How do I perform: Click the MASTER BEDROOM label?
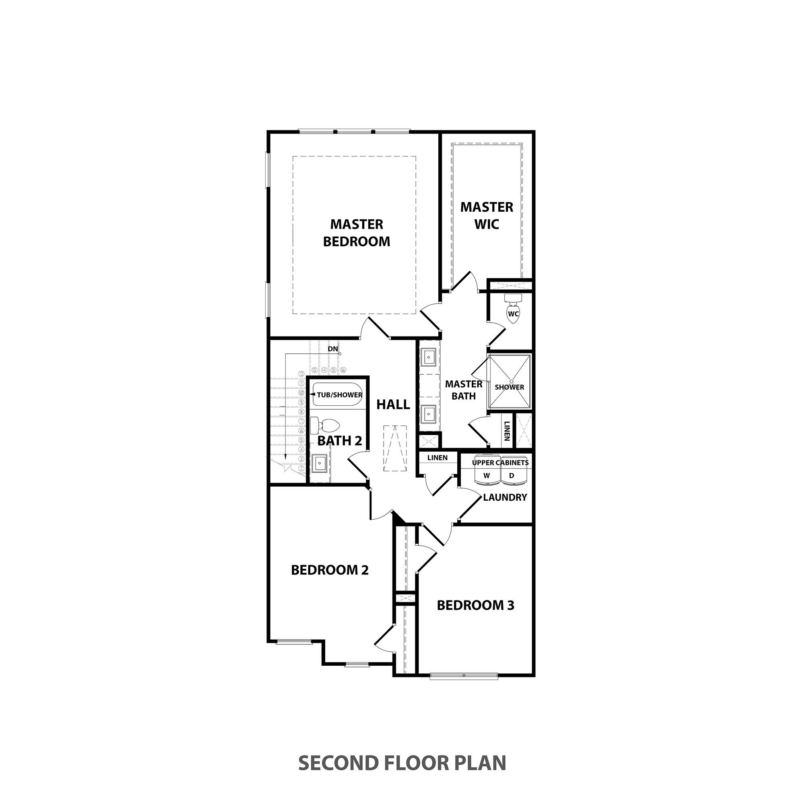[357, 233]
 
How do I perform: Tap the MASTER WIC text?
[487, 215]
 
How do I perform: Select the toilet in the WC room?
[513, 309]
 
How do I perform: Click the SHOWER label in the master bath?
[509, 387]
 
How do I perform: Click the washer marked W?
[486, 476]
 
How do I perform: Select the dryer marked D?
[512, 476]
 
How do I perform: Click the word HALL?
[393, 405]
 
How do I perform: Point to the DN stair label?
[332, 349]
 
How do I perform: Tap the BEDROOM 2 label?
[330, 570]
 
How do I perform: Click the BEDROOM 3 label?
[475, 605]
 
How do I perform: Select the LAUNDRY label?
[505, 497]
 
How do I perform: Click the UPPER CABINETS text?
[500, 462]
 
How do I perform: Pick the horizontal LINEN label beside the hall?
[438, 458]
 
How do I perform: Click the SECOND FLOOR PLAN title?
[402, 763]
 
